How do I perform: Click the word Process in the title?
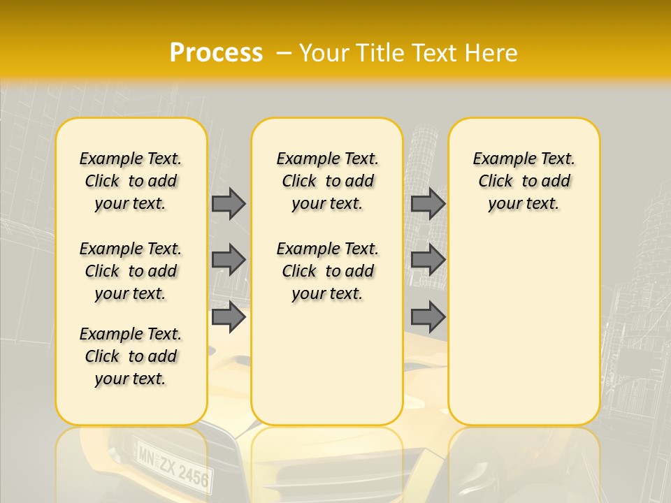(216, 53)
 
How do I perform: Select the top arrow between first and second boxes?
(229, 203)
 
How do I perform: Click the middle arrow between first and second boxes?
(229, 260)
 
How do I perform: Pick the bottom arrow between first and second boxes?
(229, 317)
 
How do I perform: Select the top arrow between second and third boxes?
(428, 203)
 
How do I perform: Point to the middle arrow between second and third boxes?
(428, 260)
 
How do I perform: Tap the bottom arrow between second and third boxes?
(428, 317)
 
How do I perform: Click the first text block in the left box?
(131, 181)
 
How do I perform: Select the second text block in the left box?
(131, 271)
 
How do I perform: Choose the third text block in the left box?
(131, 356)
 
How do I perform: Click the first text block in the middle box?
(327, 181)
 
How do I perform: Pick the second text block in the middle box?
(327, 271)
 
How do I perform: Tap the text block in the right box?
(524, 181)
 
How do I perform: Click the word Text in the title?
(436, 53)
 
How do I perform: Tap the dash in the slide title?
(285, 53)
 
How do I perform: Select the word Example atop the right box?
(499, 159)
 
